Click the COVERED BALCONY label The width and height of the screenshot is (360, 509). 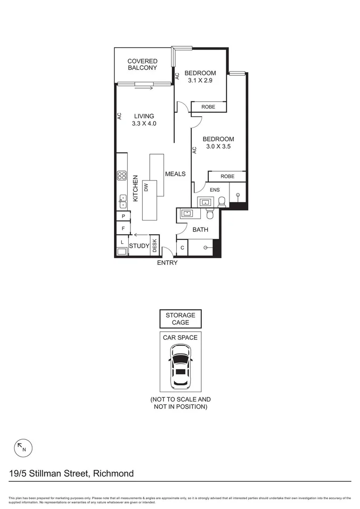[x=142, y=65]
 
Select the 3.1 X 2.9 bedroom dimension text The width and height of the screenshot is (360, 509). [x=200, y=81]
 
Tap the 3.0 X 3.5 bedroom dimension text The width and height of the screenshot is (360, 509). [x=218, y=147]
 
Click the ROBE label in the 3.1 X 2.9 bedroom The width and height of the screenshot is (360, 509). [x=208, y=107]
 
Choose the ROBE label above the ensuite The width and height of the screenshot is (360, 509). [x=227, y=176]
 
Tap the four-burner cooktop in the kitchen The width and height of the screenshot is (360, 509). [x=122, y=176]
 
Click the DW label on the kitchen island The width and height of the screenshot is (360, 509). [x=146, y=187]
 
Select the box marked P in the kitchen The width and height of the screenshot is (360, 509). [x=123, y=216]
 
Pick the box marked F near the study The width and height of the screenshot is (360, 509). [x=123, y=229]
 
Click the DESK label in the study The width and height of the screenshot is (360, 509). [x=154, y=245]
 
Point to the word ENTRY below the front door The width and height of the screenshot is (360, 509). [x=167, y=263]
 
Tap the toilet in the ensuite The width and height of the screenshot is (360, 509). [x=222, y=202]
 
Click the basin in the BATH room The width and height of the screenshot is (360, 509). [x=188, y=213]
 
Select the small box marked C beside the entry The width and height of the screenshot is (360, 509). [x=182, y=247]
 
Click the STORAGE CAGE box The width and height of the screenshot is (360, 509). [x=180, y=319]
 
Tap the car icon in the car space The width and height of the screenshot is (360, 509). [x=180, y=365]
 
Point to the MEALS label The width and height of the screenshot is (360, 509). [x=175, y=174]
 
